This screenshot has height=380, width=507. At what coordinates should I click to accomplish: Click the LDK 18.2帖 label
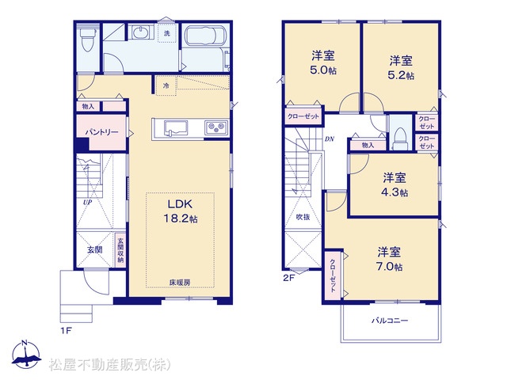[180, 211]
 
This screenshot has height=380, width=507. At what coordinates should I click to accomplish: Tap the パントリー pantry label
[102, 132]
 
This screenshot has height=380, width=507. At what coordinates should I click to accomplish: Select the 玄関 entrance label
[95, 249]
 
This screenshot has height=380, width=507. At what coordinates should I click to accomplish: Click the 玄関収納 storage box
[120, 250]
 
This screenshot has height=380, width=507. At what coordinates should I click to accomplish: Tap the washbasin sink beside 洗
[141, 32]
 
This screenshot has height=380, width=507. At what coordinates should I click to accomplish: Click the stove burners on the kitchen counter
[216, 127]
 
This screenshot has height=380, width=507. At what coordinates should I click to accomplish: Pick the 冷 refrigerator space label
[166, 85]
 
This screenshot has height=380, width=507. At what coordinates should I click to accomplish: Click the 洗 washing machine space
[167, 32]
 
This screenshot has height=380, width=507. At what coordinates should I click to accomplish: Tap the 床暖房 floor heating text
[180, 283]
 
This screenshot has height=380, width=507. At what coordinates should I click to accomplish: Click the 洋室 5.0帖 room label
[323, 63]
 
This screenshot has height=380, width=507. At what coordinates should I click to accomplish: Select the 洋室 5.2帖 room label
[401, 68]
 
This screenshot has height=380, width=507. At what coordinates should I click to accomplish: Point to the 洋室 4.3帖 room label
[395, 184]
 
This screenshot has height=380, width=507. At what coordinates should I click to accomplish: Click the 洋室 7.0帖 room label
[390, 259]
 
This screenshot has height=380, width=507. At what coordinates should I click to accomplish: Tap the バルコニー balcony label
[390, 321]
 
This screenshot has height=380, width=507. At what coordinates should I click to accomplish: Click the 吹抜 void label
[303, 217]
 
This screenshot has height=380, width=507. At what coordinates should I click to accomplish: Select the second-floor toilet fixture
[400, 138]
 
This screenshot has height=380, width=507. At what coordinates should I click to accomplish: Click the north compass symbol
[25, 355]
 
